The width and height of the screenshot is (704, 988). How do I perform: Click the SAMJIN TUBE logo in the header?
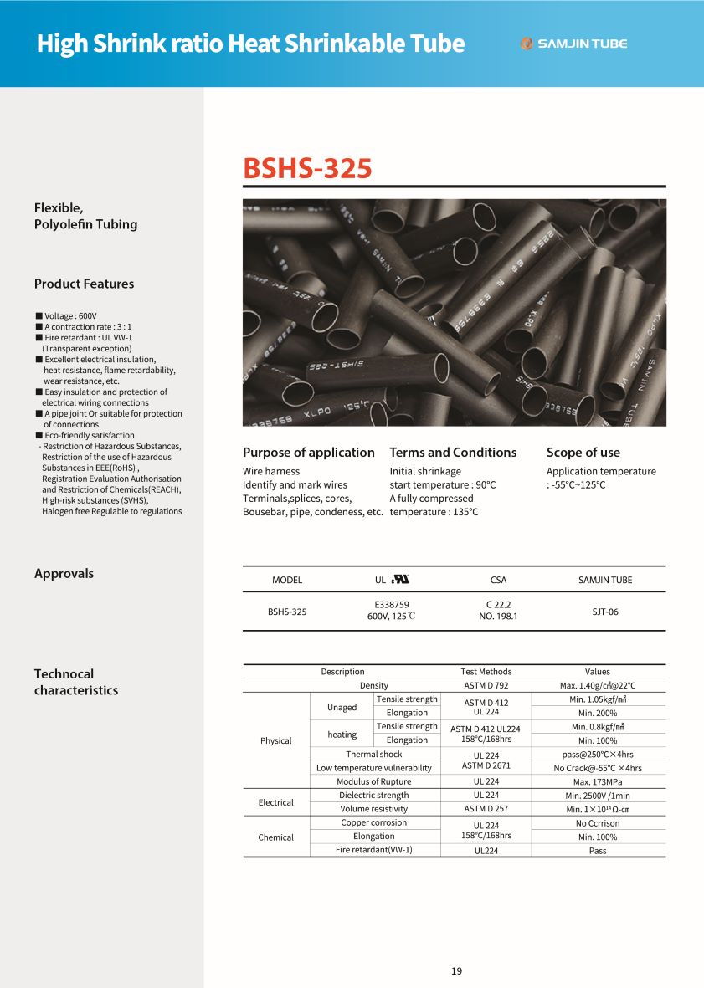(573, 44)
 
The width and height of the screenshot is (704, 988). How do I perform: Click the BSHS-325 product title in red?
(307, 168)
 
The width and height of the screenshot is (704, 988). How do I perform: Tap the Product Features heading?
(84, 284)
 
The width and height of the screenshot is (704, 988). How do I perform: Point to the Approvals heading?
(64, 573)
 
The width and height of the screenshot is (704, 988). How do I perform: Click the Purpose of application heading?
(309, 452)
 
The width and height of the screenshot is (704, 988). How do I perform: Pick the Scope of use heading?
(583, 452)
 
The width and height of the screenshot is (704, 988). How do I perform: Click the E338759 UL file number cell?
(392, 604)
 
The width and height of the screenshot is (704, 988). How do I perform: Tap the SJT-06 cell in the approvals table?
(605, 612)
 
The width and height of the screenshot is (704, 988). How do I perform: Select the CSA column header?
(498, 580)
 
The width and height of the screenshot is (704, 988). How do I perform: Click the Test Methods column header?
(486, 672)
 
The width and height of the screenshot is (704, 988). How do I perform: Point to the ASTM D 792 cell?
(486, 685)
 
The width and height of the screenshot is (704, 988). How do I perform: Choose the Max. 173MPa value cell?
(598, 781)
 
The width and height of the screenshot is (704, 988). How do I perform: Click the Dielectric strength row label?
(374, 796)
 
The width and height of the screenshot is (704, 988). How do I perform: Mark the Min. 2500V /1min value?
(598, 796)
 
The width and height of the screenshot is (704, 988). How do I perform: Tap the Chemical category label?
(276, 837)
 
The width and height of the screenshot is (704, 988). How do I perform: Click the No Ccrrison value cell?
(598, 823)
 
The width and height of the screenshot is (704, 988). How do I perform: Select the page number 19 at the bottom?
(456, 971)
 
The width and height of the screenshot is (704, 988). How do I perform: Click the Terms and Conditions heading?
(453, 452)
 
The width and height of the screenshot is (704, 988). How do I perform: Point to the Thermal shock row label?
(374, 754)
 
